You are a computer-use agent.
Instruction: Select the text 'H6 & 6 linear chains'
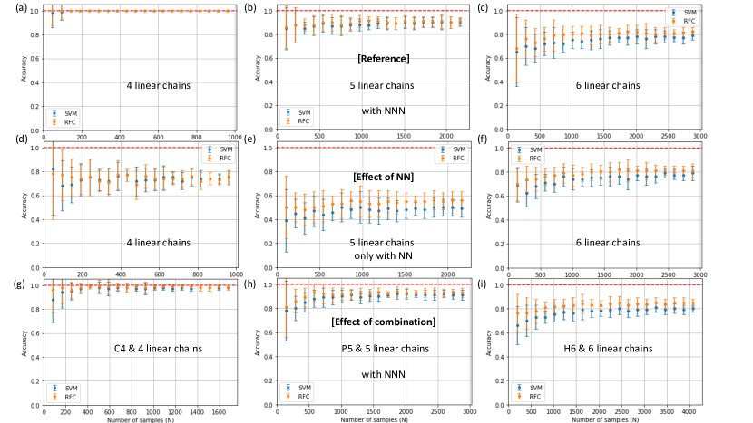click(619, 348)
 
